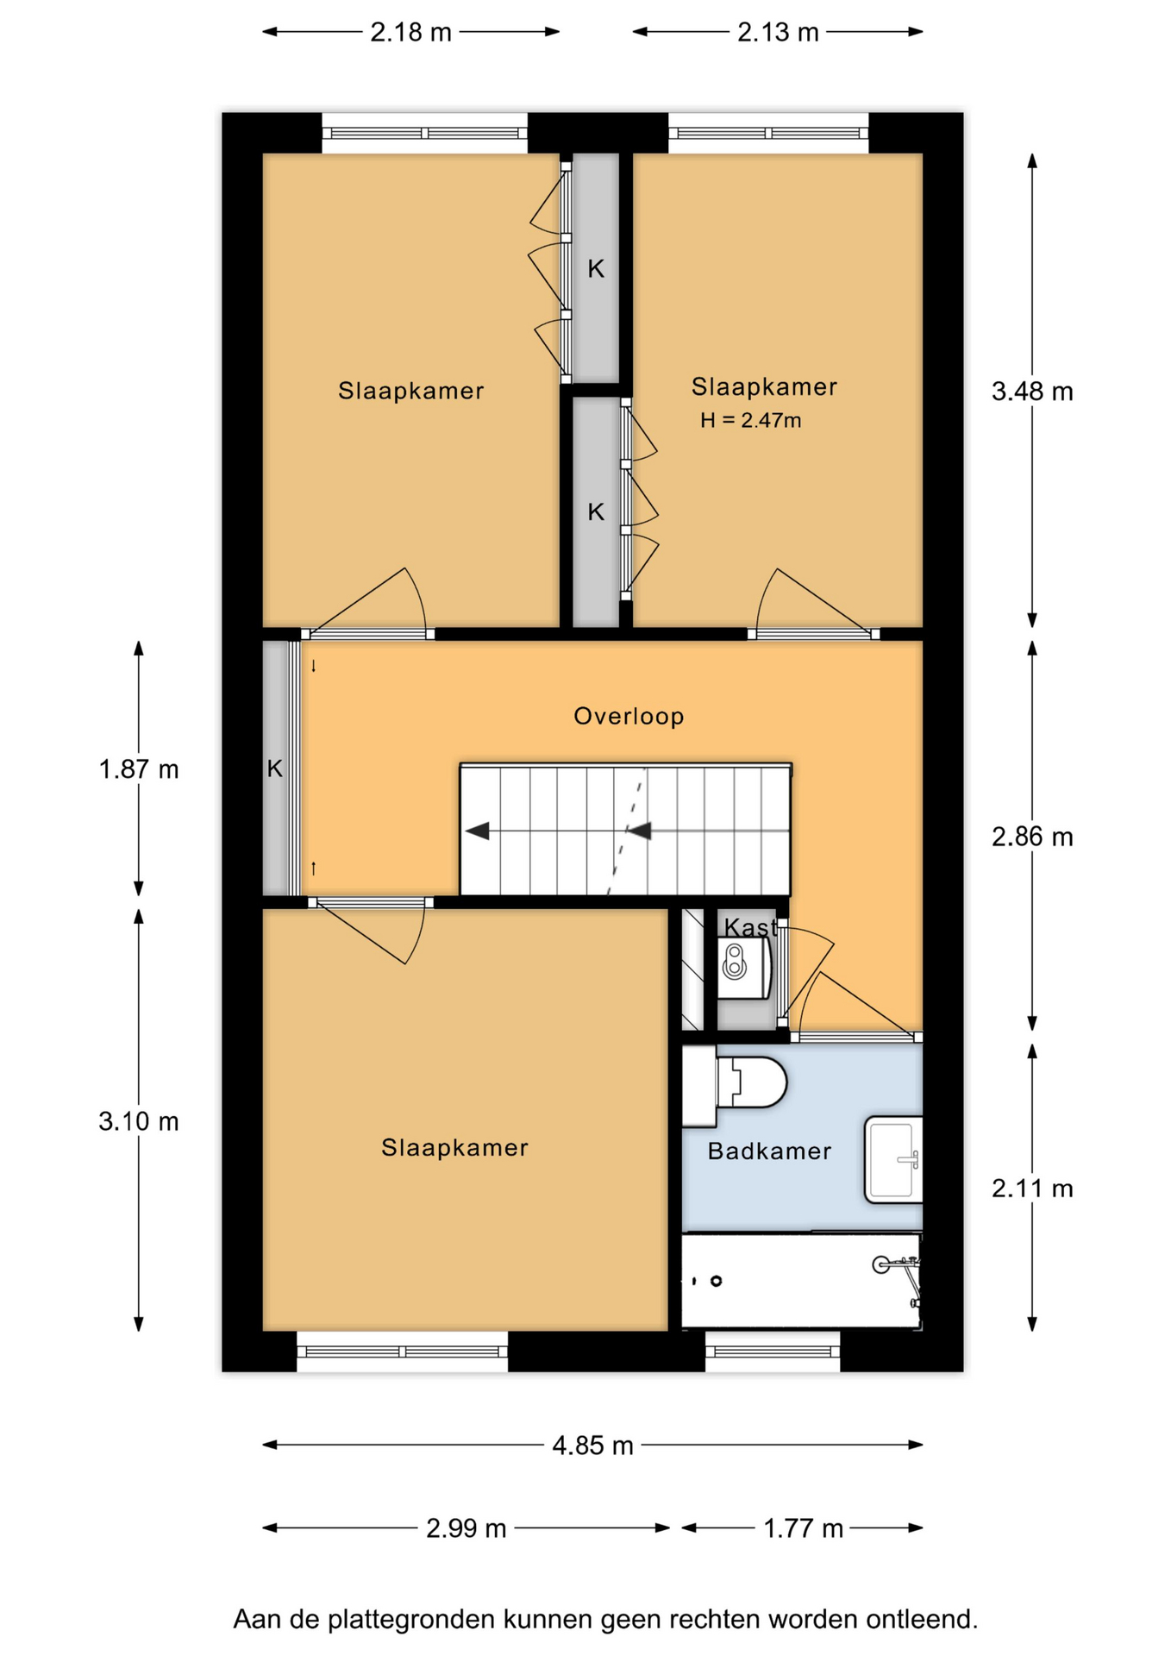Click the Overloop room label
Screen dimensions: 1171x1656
tap(629, 716)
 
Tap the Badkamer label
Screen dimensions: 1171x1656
tap(769, 1151)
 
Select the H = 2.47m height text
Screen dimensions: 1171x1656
tap(751, 421)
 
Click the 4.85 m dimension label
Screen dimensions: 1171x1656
tap(592, 1445)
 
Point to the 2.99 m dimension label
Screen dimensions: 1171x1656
tap(466, 1527)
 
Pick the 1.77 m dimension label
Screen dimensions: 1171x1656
tap(803, 1527)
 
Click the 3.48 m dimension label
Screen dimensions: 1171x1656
tap(1032, 392)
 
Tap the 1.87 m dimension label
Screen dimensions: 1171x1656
tap(139, 768)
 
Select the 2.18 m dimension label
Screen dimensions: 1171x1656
tap(410, 32)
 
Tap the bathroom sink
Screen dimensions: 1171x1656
tap(893, 1159)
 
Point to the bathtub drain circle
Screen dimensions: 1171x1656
tap(716, 1281)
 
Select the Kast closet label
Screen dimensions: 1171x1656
tap(749, 927)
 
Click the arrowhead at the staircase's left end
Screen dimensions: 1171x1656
tap(478, 831)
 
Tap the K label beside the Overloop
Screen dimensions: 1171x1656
tap(275, 768)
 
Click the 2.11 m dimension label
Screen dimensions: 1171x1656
tap(1032, 1189)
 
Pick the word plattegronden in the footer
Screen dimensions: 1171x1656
tap(411, 1619)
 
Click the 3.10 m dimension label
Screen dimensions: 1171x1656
tap(139, 1121)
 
